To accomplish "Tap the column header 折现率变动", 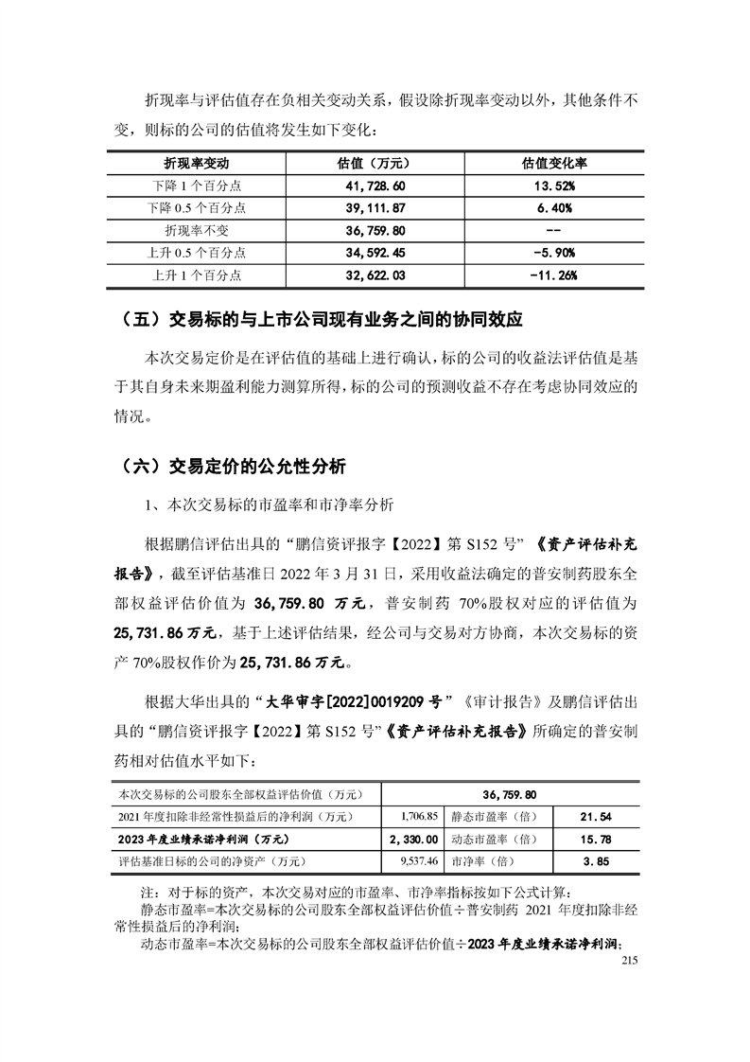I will coord(197,163).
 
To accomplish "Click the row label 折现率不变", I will coord(197,231).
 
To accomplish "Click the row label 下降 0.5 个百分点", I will coord(197,208).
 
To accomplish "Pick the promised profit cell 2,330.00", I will coord(413,839).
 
